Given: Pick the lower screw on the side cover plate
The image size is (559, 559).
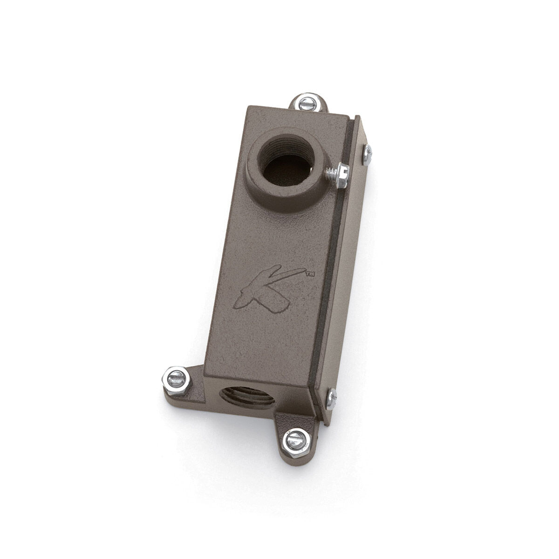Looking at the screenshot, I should tap(331, 397).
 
